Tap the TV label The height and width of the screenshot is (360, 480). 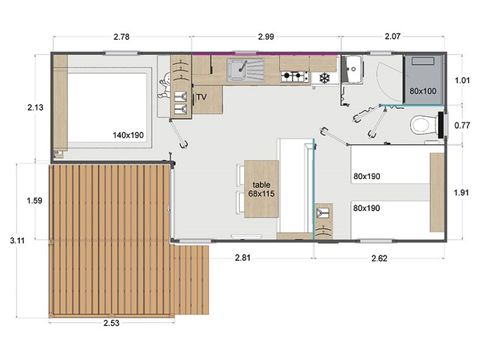(201, 97)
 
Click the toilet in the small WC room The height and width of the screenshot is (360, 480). (425, 125)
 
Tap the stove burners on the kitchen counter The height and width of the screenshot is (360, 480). (294, 76)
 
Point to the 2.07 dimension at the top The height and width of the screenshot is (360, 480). (391, 37)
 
